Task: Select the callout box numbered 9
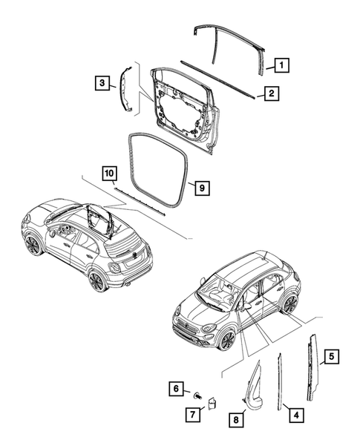[x=200, y=188]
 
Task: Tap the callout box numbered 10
[x=109, y=174]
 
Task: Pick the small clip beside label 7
[x=210, y=404]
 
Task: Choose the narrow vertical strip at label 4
[x=281, y=378]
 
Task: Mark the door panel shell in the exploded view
[x=182, y=104]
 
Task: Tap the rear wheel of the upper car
[x=96, y=281]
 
